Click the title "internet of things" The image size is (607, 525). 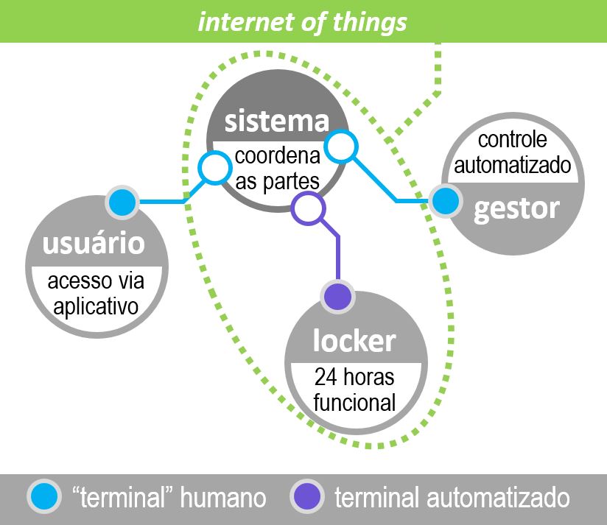(x=302, y=21)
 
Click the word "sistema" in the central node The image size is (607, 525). (x=276, y=121)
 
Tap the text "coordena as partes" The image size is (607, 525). (x=278, y=169)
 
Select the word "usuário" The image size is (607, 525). (x=94, y=244)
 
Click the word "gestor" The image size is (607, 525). (x=516, y=208)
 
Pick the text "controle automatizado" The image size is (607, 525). (x=513, y=153)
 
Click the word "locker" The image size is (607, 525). (x=354, y=341)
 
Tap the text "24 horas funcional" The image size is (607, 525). (x=354, y=390)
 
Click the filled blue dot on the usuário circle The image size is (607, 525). (x=122, y=202)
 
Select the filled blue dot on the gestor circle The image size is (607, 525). (x=444, y=201)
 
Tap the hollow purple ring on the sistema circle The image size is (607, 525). (x=309, y=208)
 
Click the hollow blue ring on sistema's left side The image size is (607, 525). (x=214, y=169)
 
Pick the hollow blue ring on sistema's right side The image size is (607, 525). (x=341, y=147)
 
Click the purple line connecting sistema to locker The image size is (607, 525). (x=337, y=254)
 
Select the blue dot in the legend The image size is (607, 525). (x=44, y=498)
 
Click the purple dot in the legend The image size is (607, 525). (x=306, y=498)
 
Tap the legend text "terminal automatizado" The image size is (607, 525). (x=452, y=498)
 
